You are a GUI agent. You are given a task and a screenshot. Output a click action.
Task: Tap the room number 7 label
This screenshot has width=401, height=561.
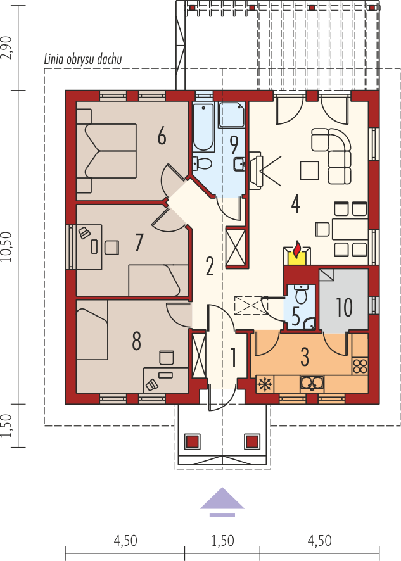coord(139,242)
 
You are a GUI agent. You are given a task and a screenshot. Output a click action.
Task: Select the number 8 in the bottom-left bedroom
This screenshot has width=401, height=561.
coord(136,342)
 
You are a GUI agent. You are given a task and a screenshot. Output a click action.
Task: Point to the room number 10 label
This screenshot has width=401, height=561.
coord(344,308)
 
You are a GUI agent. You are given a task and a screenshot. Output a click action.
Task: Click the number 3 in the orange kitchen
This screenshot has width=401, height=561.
coord(305,356)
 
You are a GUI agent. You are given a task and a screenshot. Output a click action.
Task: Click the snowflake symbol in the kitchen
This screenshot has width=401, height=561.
coord(264,384)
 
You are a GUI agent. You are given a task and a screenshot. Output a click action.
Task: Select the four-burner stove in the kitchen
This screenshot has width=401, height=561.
coord(360,365)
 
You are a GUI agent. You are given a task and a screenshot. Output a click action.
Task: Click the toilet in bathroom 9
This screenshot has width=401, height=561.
coord(203,163)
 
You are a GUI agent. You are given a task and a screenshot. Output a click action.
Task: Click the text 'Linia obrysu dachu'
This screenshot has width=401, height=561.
coord(83,60)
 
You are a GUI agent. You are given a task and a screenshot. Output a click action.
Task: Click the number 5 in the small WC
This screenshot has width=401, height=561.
coord(295,315)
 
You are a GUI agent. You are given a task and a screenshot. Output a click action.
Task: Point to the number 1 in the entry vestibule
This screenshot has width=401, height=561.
coord(233,358)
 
